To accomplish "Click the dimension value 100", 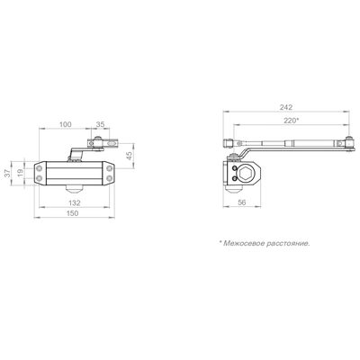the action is pyautogui.click(x=65, y=124).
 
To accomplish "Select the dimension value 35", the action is pyautogui.click(x=100, y=124).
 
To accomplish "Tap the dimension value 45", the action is pyautogui.click(x=130, y=156).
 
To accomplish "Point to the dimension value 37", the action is pyautogui.click(x=7, y=173).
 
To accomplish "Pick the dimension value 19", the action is pyautogui.click(x=20, y=173).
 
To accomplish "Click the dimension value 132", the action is pyautogui.click(x=74, y=202).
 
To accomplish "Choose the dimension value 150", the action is pyautogui.click(x=72, y=213).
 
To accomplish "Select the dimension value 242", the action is pyautogui.click(x=285, y=107).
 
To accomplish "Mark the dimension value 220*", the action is pyautogui.click(x=291, y=121).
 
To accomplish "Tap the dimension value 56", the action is pyautogui.click(x=241, y=202).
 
